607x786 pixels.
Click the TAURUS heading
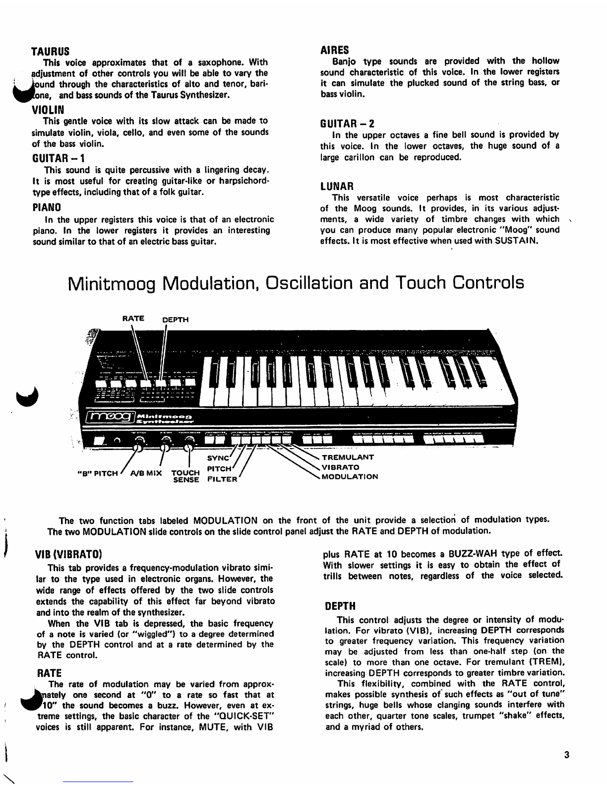pos(50,52)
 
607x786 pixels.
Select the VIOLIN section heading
pos(48,109)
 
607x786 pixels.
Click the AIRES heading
pos(335,50)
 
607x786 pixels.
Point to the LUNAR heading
pos(337,187)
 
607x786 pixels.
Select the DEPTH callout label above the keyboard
pos(176,320)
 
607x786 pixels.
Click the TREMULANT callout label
pos(348,458)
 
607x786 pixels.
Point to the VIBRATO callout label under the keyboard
pos(341,467)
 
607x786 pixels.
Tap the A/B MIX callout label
pos(146,473)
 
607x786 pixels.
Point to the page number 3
pos(566,756)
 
